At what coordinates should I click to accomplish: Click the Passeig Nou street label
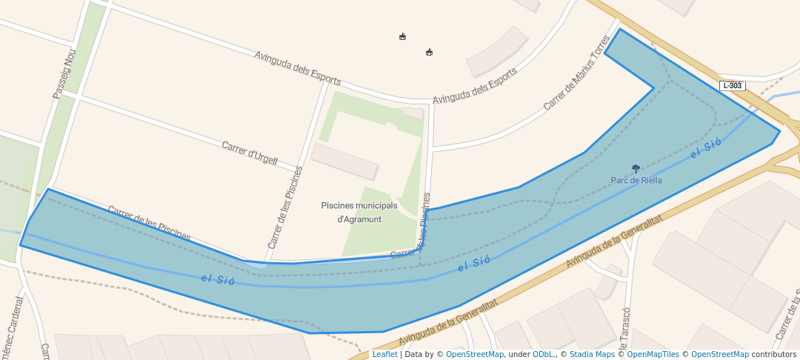pyautogui.click(x=64, y=73)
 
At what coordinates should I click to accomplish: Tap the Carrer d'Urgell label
pyautogui.click(x=250, y=153)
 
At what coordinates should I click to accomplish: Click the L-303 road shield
pyautogui.click(x=731, y=86)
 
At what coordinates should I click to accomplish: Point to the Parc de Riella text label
pyautogui.click(x=636, y=180)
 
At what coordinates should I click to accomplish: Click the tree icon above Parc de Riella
pyautogui.click(x=636, y=169)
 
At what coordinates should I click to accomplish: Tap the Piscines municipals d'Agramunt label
pyautogui.click(x=359, y=212)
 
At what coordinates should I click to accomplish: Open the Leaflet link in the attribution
pyautogui.click(x=384, y=354)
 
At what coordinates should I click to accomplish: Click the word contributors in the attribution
pyautogui.click(x=774, y=354)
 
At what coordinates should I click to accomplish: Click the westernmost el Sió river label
pyautogui.click(x=218, y=279)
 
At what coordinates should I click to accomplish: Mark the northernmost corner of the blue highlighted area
pyautogui.click(x=620, y=29)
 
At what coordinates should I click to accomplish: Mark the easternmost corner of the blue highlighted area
pyautogui.click(x=780, y=131)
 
